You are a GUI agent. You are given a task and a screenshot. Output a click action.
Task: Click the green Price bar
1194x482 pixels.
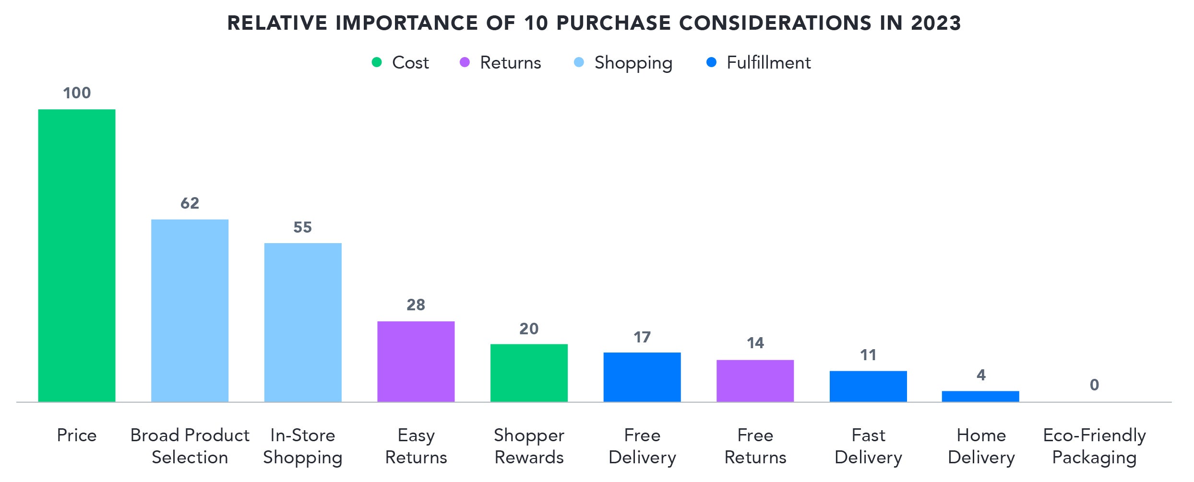[77, 255]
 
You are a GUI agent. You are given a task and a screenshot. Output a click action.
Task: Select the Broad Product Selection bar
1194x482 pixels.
[190, 310]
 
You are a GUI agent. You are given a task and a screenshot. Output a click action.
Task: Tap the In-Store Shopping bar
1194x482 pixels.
[303, 322]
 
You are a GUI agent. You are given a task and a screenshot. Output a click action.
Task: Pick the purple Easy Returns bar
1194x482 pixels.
[416, 361]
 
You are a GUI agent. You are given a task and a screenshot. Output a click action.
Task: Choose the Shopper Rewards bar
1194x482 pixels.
[529, 373]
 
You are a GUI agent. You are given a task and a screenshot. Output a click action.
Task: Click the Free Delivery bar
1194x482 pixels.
[642, 377]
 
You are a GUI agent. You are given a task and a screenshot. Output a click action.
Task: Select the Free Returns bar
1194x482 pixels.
[755, 381]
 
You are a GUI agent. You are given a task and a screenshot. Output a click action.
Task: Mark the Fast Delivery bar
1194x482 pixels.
[868, 386]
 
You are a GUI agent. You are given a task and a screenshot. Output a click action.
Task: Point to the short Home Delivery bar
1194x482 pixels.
[980, 396]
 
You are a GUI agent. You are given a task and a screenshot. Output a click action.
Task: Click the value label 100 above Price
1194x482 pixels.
[77, 93]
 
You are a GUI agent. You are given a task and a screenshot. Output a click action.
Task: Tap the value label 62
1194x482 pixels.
[190, 203]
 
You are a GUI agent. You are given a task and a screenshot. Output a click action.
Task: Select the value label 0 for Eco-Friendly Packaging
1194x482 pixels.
[1094, 385]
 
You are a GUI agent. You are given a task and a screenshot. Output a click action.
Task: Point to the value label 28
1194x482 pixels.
[416, 305]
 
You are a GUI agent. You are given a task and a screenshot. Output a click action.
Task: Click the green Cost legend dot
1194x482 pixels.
[377, 62]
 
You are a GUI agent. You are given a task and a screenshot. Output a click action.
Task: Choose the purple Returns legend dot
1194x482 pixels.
[465, 62]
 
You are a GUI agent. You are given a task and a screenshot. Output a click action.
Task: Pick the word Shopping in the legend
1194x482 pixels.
[633, 63]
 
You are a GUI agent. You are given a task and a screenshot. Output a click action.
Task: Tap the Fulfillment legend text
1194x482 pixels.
[768, 63]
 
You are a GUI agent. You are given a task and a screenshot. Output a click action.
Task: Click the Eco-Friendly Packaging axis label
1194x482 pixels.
[1094, 446]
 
